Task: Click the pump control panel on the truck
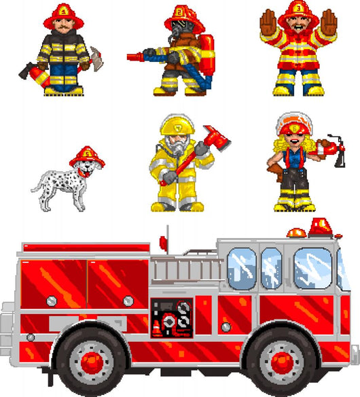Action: [172, 317]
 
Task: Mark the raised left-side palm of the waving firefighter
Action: [270, 24]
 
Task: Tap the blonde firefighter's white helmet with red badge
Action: [293, 126]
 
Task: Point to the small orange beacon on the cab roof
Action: [296, 233]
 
